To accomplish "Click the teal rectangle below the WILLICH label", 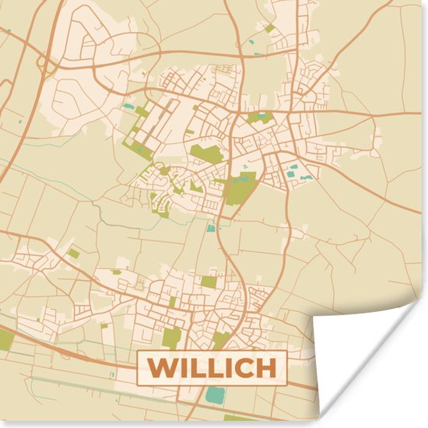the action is point(216,396).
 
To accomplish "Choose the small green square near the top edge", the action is point(269,29).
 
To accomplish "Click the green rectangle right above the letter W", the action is point(172,337).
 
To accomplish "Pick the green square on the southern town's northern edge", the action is point(209,282).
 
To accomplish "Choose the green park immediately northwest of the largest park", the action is point(205,153).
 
